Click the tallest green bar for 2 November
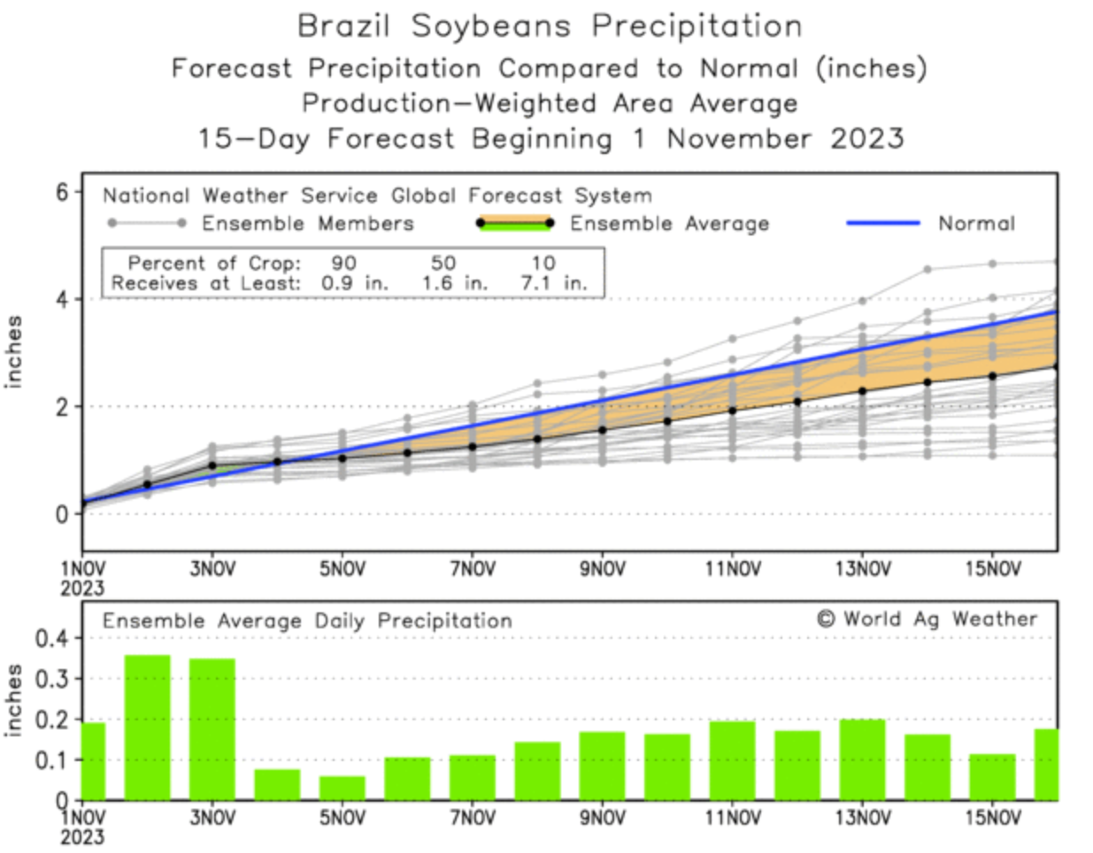pyautogui.click(x=147, y=727)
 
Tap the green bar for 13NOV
pyautogui.click(x=862, y=760)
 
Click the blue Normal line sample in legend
pyautogui.click(x=882, y=224)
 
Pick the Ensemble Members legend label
pyautogui.click(x=307, y=224)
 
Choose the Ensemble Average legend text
pyautogui.click(x=669, y=224)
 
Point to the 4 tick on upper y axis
pyautogui.click(x=61, y=299)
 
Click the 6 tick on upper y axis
pyautogui.click(x=61, y=192)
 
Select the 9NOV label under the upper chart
pyautogui.click(x=602, y=570)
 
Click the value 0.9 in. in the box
pyautogui.click(x=355, y=284)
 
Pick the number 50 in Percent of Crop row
pyautogui.click(x=443, y=263)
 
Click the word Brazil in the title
pyautogui.click(x=343, y=27)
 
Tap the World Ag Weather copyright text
pyautogui.click(x=927, y=619)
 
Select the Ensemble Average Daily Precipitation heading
pyautogui.click(x=307, y=621)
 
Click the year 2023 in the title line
pyautogui.click(x=866, y=139)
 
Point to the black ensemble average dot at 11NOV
pyautogui.click(x=732, y=411)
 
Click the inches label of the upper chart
pyautogui.click(x=15, y=351)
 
